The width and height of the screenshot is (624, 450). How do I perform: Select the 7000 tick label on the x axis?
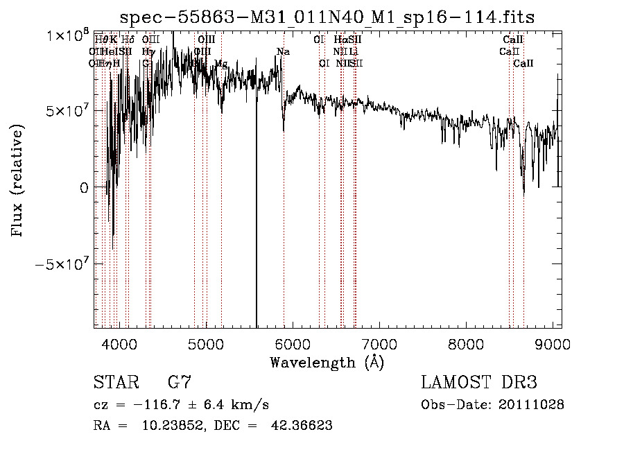tap(379, 343)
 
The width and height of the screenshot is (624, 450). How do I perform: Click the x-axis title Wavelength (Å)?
tap(327, 362)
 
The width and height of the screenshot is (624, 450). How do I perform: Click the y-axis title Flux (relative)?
tap(17, 180)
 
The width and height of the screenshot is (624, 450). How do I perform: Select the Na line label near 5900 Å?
tap(283, 52)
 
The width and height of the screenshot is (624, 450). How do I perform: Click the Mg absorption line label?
tap(220, 64)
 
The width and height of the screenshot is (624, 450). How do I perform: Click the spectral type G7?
tap(180, 383)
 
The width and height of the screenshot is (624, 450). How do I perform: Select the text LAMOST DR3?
tap(479, 383)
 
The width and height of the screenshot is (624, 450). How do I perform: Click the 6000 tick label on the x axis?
tap(293, 343)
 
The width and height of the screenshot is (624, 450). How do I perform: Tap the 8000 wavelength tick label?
tap(466, 343)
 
